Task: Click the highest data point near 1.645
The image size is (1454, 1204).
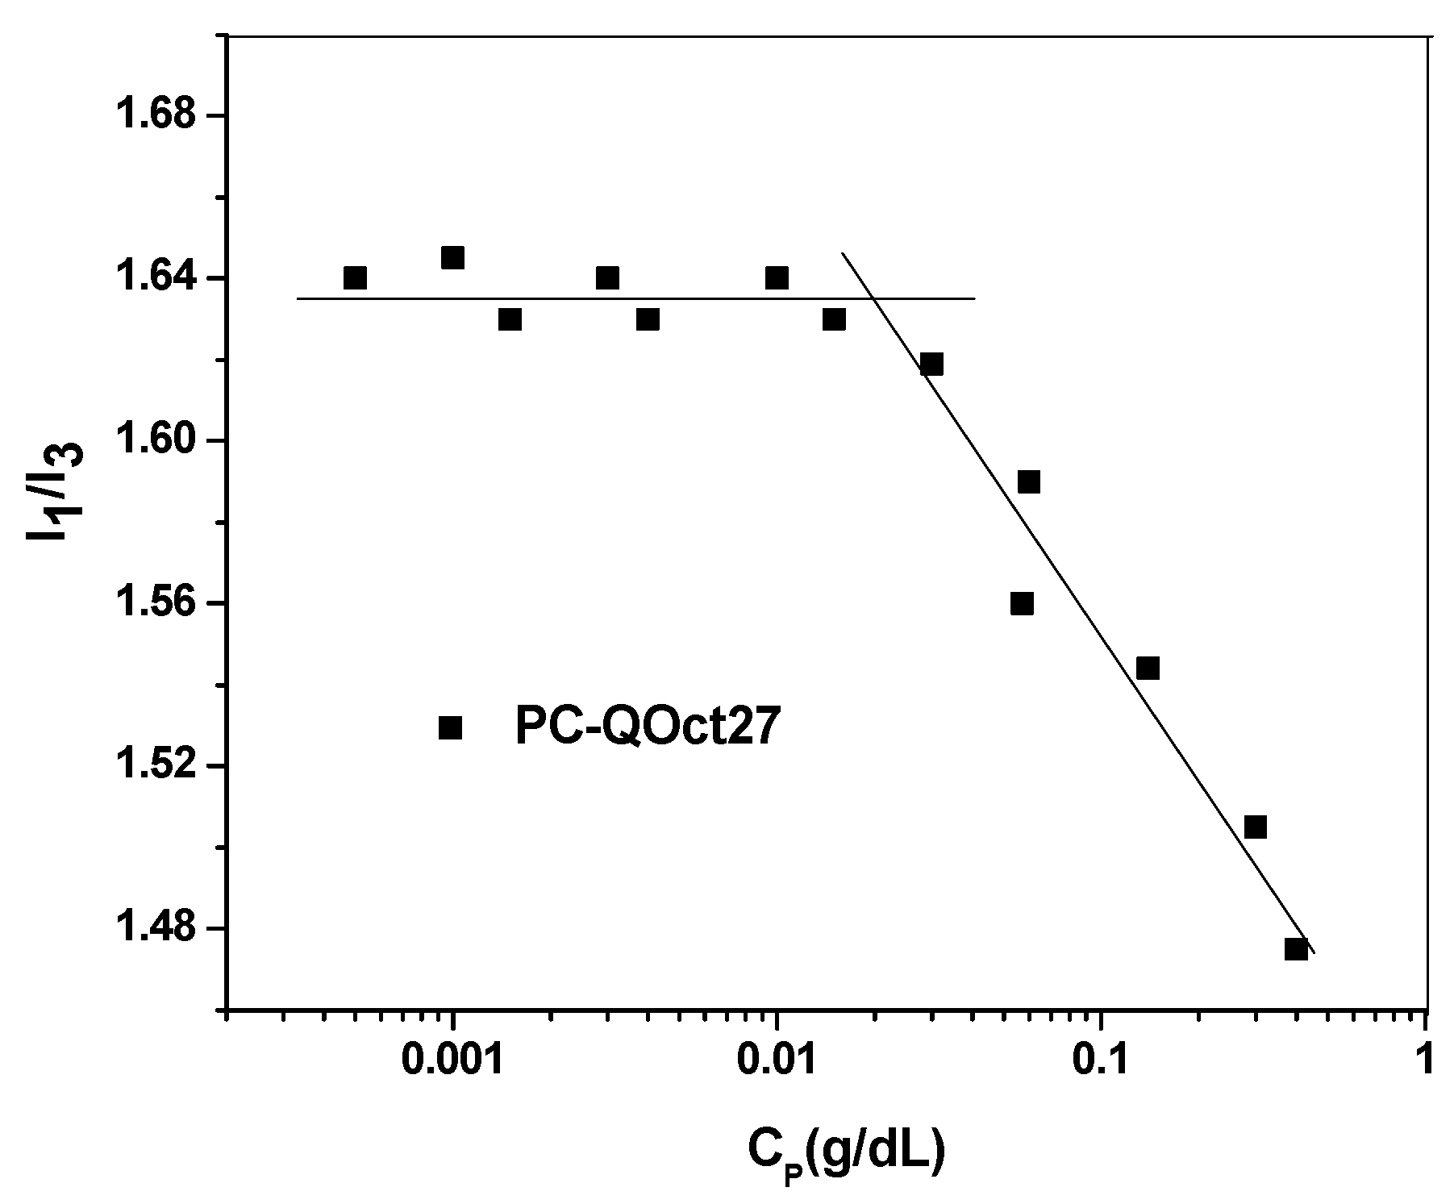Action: pos(452,258)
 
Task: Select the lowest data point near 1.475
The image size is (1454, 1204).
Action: pos(1296,948)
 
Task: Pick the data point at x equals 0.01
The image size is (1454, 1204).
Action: pos(777,278)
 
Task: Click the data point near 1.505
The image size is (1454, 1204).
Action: pos(1255,827)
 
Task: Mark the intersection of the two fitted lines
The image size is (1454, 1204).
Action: pos(873,298)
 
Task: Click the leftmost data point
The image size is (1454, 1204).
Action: pos(355,278)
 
